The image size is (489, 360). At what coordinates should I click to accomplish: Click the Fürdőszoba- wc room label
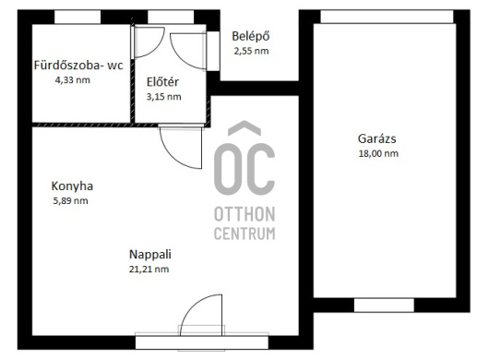coord(78,66)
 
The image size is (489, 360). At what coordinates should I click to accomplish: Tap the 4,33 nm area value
coord(73,80)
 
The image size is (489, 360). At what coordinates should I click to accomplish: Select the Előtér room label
coord(162,82)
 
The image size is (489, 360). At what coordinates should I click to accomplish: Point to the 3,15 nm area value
coord(163,97)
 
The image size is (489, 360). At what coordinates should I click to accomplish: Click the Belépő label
coord(251,37)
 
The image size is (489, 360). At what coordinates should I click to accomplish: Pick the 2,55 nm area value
coord(251,51)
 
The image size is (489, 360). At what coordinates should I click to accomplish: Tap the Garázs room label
coord(377,138)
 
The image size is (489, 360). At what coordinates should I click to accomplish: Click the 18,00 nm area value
coord(378,153)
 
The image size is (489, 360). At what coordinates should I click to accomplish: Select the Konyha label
coord(72,186)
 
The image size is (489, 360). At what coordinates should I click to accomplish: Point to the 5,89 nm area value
coord(70,200)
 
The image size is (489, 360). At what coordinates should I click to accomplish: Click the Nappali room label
coord(150,254)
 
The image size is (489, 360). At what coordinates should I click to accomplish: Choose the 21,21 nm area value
coord(149,270)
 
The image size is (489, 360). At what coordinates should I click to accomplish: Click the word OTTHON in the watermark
coord(244,214)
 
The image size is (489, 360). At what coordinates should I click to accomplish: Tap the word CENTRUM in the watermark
coord(244,234)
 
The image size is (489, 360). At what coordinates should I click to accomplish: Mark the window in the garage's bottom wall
coord(384,306)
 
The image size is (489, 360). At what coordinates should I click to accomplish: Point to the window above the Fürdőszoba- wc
coord(78,17)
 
